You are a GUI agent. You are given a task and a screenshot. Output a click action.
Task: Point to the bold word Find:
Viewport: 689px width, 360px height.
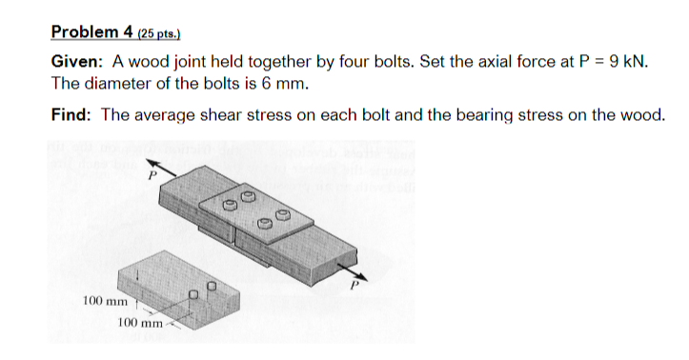[71, 115]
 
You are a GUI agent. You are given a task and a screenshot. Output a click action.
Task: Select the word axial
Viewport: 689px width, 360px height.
[484, 62]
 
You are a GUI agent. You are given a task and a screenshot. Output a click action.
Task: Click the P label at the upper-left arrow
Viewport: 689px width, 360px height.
[150, 174]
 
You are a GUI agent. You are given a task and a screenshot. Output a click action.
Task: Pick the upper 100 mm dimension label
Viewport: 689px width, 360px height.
[104, 301]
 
